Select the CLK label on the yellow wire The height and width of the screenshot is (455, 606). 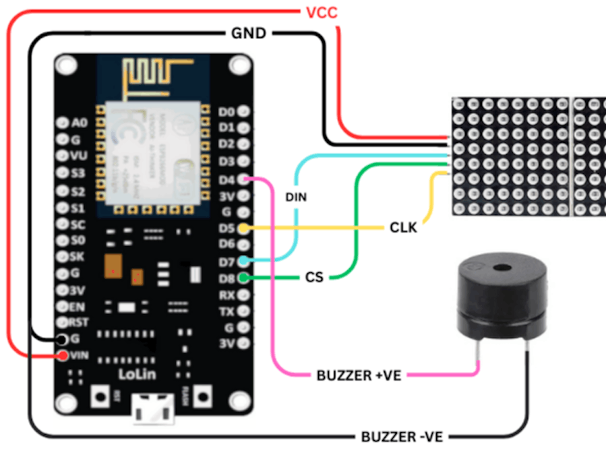[403, 228]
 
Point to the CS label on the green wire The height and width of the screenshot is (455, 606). [314, 277]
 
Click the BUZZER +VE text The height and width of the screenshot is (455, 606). [359, 375]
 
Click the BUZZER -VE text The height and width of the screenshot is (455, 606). [402, 437]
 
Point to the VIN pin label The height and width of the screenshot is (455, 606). [78, 355]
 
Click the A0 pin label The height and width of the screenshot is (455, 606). [79, 123]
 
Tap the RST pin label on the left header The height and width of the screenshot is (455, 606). [80, 322]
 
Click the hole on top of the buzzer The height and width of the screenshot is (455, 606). [501, 268]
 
